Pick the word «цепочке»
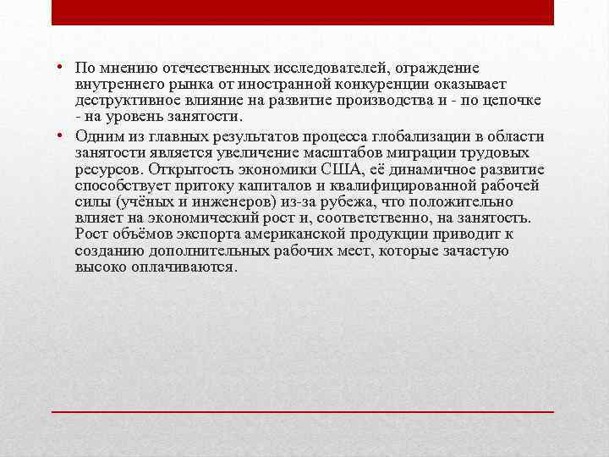click(514, 100)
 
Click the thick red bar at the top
click(303, 12)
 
